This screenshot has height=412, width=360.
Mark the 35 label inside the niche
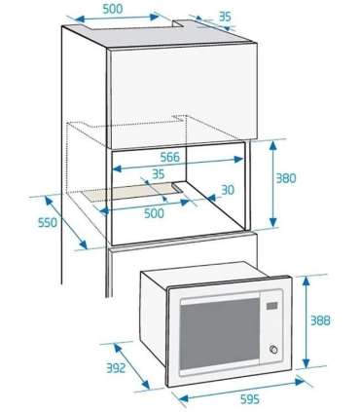(158, 174)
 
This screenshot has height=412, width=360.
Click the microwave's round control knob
(272, 351)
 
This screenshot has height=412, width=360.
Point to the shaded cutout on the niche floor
(136, 195)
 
